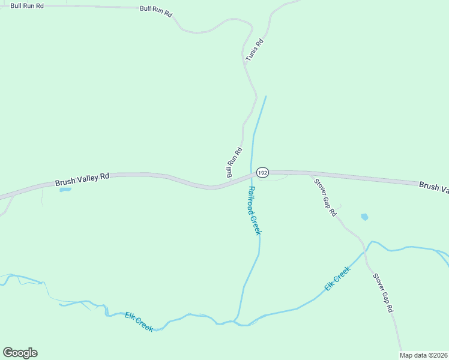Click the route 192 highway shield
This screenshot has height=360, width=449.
[x=262, y=172]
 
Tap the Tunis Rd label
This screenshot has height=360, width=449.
[x=255, y=50]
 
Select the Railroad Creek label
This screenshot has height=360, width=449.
[x=255, y=210]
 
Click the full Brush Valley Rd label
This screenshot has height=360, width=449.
[x=83, y=179]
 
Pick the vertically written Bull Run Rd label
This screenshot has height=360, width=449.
[x=234, y=163]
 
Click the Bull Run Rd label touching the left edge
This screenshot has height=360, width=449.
[x=27, y=5]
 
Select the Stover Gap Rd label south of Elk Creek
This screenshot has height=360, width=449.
[x=382, y=293]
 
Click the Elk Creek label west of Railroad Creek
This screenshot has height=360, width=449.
[x=139, y=321]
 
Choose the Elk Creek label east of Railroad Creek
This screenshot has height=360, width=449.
[x=337, y=280]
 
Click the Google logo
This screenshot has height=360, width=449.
[x=20, y=353]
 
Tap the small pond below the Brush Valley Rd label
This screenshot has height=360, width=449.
[x=65, y=190]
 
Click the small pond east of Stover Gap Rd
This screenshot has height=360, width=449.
[x=364, y=217]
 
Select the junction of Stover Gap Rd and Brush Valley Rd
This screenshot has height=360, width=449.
[x=310, y=174]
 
